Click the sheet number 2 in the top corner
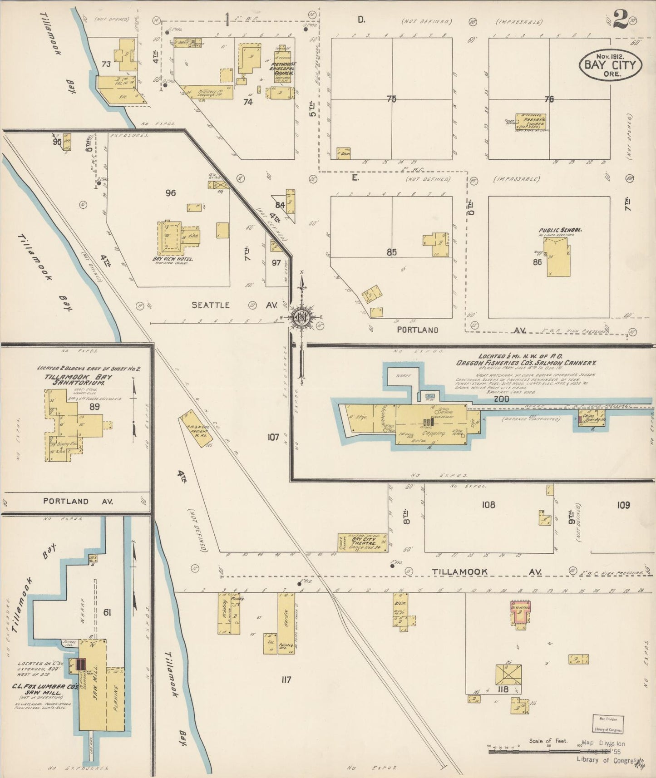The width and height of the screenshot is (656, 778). pyautogui.click(x=620, y=19)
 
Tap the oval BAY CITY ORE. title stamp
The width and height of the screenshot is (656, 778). pyautogui.click(x=610, y=64)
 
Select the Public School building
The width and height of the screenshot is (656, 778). pyautogui.click(x=559, y=258)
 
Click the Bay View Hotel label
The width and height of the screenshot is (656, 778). pyautogui.click(x=173, y=259)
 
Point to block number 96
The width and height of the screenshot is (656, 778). pyautogui.click(x=170, y=193)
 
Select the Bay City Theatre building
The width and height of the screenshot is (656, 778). pyautogui.click(x=362, y=542)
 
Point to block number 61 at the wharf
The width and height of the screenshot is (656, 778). pyautogui.click(x=107, y=613)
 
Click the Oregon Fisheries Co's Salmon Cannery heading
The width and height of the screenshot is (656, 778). pyautogui.click(x=526, y=363)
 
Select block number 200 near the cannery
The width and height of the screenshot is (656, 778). pyautogui.click(x=501, y=399)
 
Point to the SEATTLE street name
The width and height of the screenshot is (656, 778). pyautogui.click(x=210, y=305)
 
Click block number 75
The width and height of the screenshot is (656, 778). pyautogui.click(x=391, y=99)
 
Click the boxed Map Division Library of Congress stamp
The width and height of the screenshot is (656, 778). pyautogui.click(x=608, y=724)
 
